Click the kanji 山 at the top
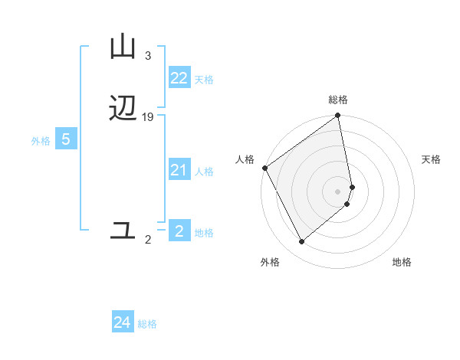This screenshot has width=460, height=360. [x=123, y=47]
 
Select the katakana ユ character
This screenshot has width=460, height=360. [x=123, y=230]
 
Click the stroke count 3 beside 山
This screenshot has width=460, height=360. [x=147, y=56]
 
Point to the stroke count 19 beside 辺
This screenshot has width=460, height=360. [x=148, y=117]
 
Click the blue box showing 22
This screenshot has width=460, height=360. [x=179, y=78]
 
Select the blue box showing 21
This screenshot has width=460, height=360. [x=179, y=170]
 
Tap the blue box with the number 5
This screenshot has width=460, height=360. [x=66, y=139]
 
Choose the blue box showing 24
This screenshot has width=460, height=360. [x=123, y=322]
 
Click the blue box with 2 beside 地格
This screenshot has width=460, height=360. [x=179, y=231]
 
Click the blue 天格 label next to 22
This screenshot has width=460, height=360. [x=204, y=80]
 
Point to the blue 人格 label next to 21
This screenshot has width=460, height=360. [x=205, y=172]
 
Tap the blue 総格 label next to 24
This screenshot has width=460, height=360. [x=147, y=324]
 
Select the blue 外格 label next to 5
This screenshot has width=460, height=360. [x=41, y=141]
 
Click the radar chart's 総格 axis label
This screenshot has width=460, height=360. [x=338, y=100]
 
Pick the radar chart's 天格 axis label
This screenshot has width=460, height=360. [x=432, y=159]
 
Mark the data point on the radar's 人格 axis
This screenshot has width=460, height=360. [x=264, y=168]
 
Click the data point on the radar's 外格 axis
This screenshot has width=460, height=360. [x=301, y=242]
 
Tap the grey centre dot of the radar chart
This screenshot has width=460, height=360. [x=338, y=191]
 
